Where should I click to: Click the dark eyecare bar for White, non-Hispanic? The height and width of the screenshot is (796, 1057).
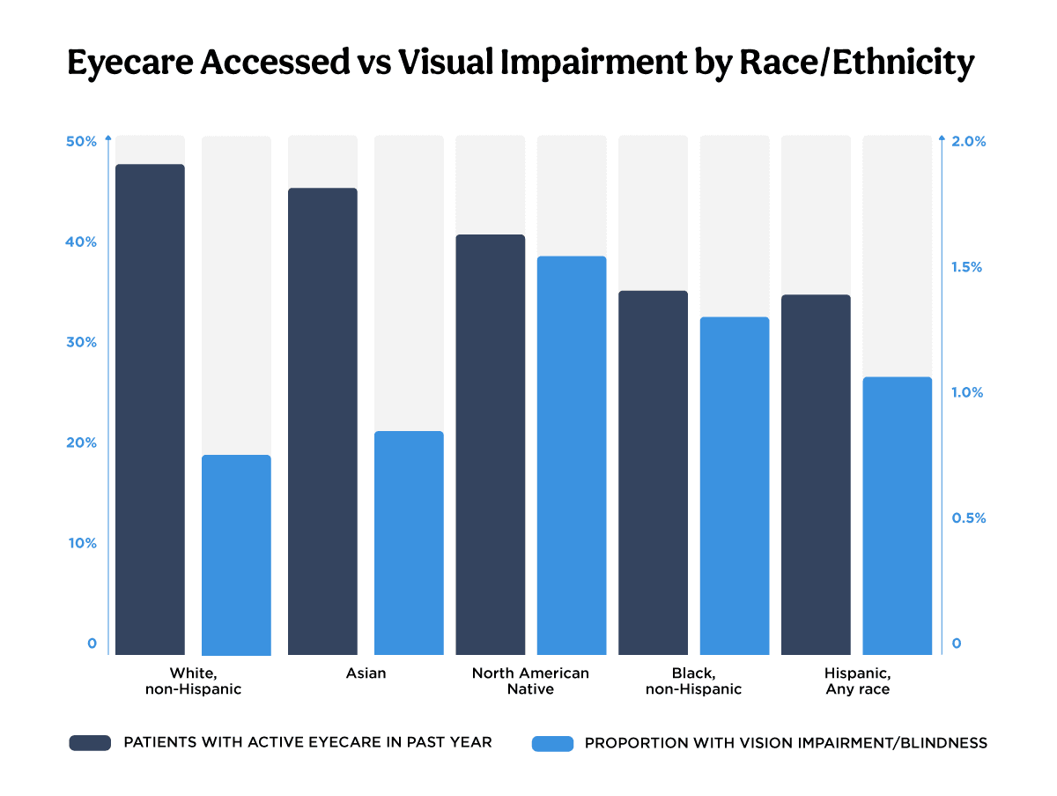(x=150, y=410)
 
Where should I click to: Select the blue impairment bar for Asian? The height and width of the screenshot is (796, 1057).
(x=409, y=543)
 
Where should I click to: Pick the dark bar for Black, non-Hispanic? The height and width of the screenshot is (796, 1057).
(x=653, y=472)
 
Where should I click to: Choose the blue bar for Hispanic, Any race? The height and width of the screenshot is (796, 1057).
(x=897, y=516)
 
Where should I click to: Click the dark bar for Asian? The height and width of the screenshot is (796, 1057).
(x=322, y=421)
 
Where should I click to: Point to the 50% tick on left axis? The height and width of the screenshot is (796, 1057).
(x=82, y=142)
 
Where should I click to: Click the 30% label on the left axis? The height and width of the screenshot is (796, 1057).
(x=82, y=343)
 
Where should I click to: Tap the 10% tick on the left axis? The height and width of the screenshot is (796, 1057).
(x=82, y=543)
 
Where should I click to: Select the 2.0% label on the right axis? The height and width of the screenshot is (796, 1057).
(x=969, y=142)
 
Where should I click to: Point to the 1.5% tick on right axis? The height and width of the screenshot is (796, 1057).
(x=969, y=267)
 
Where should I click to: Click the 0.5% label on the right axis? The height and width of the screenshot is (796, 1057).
(x=969, y=518)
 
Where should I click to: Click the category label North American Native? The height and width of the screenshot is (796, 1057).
(x=530, y=681)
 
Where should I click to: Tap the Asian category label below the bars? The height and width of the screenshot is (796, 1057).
(x=366, y=673)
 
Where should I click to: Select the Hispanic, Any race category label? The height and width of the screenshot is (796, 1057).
(x=857, y=681)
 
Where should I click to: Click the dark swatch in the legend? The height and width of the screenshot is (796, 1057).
(x=90, y=743)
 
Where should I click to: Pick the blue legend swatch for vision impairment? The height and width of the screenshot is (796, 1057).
(x=552, y=743)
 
